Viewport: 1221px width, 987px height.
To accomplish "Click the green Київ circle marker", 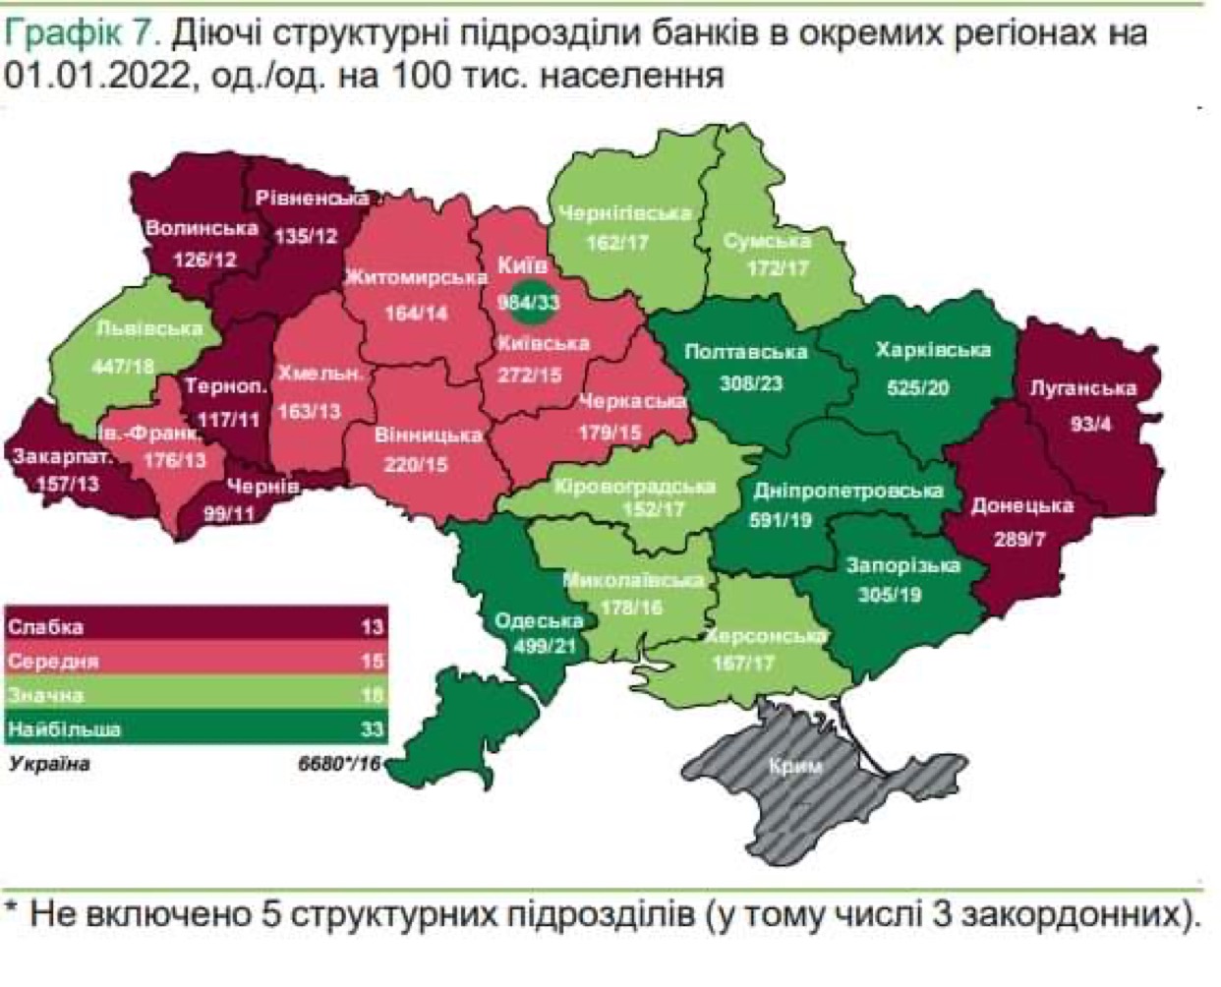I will (x=528, y=303).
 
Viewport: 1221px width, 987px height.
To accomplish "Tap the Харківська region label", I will (x=933, y=350).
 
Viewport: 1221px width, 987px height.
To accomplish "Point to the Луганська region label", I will (x=1082, y=387).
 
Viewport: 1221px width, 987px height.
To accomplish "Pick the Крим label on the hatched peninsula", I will (x=796, y=767).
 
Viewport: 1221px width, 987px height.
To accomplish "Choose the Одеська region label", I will (x=539, y=620).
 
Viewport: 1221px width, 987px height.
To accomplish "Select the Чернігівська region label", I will (x=624, y=213).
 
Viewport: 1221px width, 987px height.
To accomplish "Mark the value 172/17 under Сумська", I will (x=777, y=267).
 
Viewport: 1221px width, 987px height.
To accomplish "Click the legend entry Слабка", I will (x=46, y=626).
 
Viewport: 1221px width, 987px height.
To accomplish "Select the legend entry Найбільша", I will (x=65, y=729).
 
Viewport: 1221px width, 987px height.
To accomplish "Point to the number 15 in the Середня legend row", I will (x=372, y=661).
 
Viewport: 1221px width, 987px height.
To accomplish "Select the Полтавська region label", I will (x=745, y=352).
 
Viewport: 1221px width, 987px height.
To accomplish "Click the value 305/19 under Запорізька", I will (x=890, y=594).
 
